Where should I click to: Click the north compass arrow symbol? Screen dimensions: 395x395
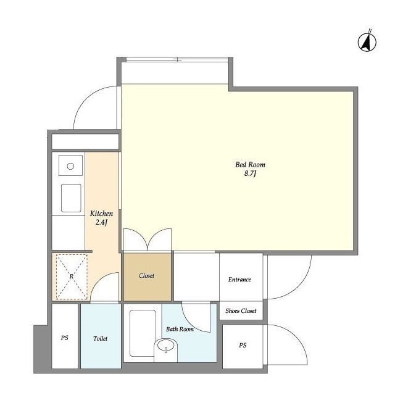367,42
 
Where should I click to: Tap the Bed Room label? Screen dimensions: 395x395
250,165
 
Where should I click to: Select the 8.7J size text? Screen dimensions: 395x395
250,173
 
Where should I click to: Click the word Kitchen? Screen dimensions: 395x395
101,214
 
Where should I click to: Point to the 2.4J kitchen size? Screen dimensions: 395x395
101,222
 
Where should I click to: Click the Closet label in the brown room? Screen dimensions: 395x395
146,276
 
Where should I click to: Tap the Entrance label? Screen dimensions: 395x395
239,280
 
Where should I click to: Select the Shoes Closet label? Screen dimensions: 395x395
241,311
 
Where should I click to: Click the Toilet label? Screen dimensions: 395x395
100,339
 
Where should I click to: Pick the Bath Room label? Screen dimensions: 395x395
180,329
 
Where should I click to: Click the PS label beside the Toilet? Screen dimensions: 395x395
64,338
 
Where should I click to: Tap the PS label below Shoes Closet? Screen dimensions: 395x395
243,345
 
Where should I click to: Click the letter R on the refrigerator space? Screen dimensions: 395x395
72,276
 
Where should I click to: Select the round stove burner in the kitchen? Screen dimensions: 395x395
70,166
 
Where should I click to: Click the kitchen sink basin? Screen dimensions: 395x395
72,198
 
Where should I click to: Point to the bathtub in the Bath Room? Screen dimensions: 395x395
143,333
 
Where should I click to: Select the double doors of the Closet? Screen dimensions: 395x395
148,239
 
